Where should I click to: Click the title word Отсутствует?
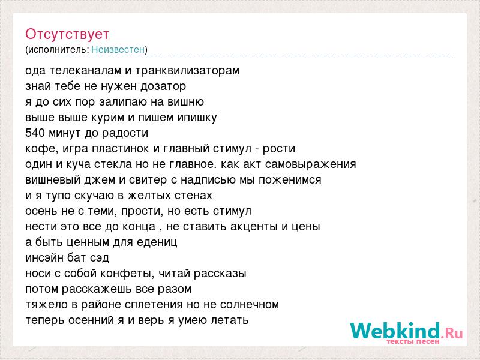point(67,34)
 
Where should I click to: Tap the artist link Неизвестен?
point(118,49)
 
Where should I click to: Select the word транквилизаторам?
point(187,71)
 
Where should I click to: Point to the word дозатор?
point(163,86)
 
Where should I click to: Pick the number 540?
point(35,133)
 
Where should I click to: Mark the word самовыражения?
point(310,164)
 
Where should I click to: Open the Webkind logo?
point(406,331)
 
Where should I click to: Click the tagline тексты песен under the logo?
point(413,341)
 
